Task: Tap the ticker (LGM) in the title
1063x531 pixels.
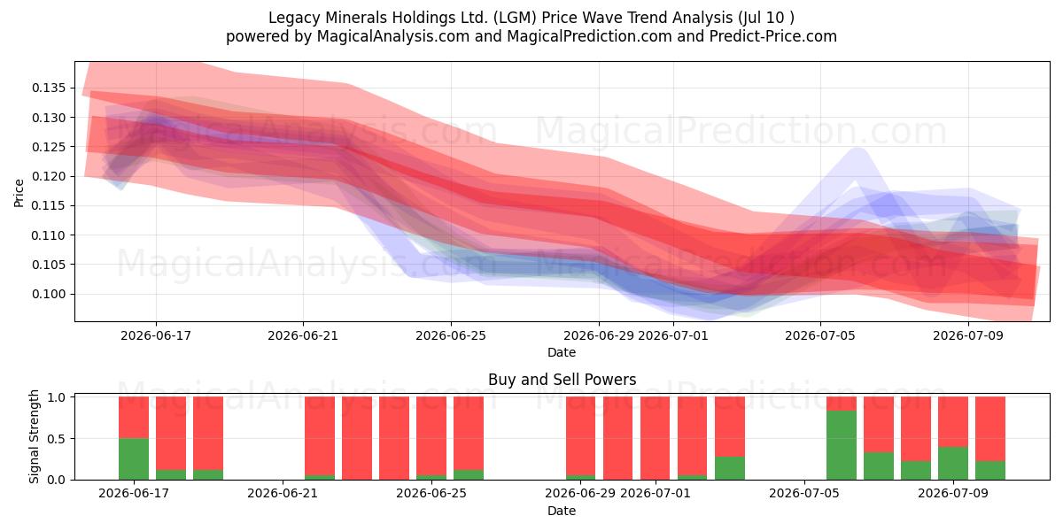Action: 515,18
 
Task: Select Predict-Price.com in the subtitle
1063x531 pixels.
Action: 773,36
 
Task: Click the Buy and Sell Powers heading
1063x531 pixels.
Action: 562,380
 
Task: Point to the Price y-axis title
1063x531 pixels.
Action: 19,193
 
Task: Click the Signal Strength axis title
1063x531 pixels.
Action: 34,436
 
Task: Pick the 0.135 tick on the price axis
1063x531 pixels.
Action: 49,88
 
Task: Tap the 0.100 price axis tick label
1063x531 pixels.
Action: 49,294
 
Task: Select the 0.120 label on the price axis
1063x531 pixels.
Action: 49,176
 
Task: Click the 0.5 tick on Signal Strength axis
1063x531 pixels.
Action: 57,439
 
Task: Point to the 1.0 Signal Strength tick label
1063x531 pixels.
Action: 57,397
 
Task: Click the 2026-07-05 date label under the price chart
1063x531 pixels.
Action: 820,335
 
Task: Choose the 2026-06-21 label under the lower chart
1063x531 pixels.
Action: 283,493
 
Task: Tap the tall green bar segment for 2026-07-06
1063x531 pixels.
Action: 842,445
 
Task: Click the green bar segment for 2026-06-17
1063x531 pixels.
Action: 134,459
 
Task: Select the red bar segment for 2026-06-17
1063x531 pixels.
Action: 134,418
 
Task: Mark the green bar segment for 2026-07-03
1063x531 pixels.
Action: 730,468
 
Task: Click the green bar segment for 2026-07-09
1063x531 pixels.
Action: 953,463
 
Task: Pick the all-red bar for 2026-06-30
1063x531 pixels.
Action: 618,438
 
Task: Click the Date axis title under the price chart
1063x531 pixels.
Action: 562,353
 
